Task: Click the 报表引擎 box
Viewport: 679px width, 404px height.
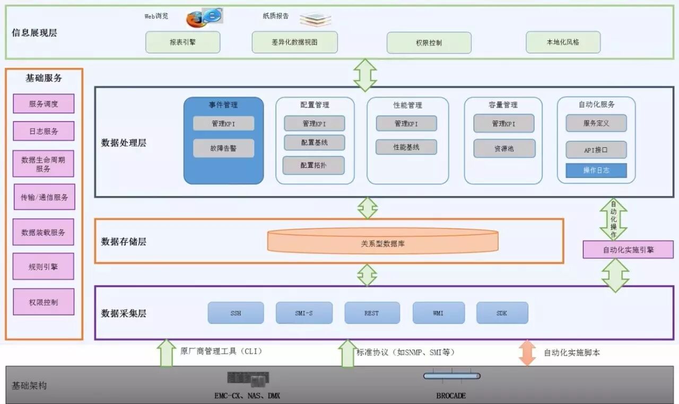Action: pos(182,42)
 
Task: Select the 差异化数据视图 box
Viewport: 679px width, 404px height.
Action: pos(294,42)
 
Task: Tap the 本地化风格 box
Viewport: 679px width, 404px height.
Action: pos(563,42)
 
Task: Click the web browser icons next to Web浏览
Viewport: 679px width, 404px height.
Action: pos(204,17)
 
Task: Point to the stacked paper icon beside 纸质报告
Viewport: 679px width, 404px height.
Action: pos(315,19)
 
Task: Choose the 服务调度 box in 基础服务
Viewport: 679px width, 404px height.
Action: pos(43,104)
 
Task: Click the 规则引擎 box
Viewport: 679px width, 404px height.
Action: pos(43,267)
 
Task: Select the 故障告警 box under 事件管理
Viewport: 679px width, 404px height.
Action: pos(223,148)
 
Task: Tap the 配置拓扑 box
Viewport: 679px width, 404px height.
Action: pos(314,165)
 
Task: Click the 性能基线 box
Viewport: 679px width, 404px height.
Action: pos(406,147)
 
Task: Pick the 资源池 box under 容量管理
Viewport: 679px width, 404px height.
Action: pos(504,149)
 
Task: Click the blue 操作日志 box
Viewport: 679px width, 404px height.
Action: pos(596,171)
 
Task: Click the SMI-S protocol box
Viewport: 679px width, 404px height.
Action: pos(304,313)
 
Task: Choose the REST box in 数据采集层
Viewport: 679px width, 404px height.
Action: pos(372,313)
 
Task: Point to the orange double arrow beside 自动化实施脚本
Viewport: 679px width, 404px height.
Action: pos(527,353)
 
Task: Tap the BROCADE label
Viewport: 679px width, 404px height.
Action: pos(451,396)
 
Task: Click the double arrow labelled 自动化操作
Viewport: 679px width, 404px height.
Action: pos(613,219)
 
